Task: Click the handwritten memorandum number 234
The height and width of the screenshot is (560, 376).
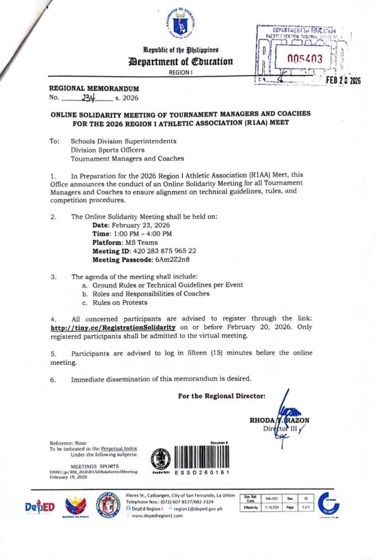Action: click(87, 99)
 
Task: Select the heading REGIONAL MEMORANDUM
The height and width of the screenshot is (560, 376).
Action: click(94, 89)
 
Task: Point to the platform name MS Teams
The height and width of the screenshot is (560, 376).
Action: click(142, 242)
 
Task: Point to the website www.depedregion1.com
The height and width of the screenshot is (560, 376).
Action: click(160, 516)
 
